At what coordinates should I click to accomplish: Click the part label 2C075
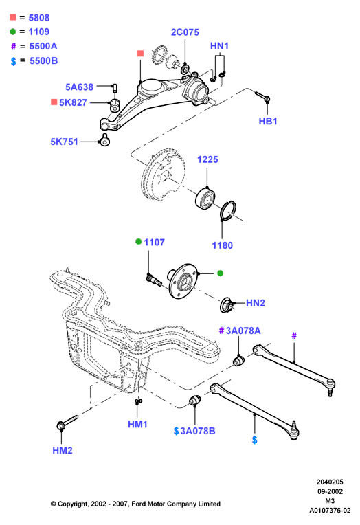point(185,32)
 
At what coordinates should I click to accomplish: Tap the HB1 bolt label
point(268,121)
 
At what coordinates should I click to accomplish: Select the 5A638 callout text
point(80,87)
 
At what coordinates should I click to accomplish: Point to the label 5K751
point(65,142)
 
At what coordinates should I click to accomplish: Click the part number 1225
point(207,159)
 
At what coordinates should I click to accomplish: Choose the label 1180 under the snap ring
point(223,245)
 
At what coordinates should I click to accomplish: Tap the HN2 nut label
point(256,303)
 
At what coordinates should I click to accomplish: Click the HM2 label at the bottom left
point(63,450)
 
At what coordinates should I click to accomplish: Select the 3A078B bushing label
point(198,431)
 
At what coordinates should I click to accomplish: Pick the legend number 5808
point(39,18)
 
